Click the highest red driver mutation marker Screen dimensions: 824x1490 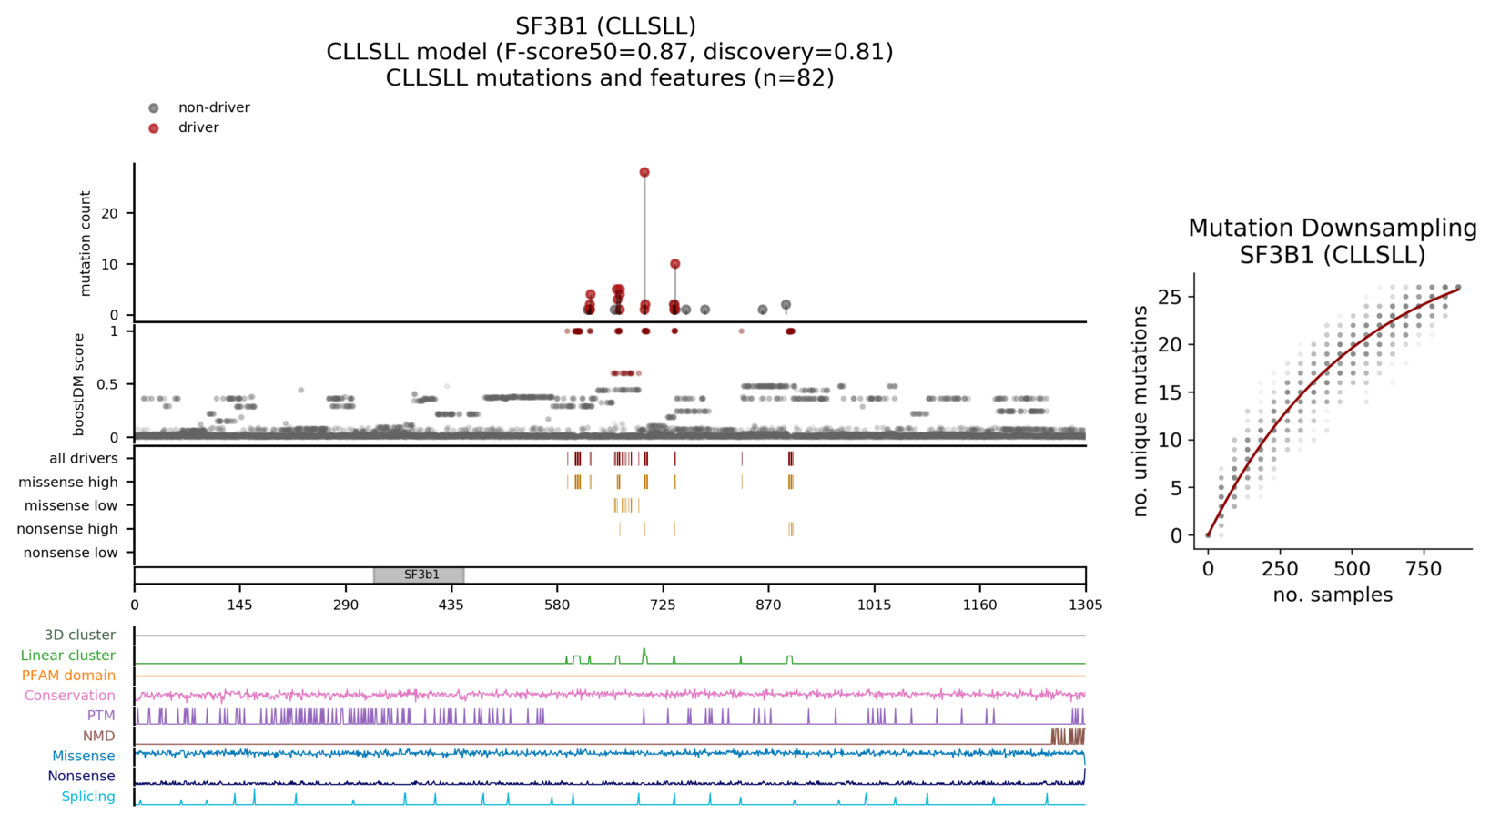(x=644, y=172)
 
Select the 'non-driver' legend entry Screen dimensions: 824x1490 (x=214, y=107)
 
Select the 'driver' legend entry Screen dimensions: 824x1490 (x=198, y=127)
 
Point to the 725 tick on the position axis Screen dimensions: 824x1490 (x=663, y=605)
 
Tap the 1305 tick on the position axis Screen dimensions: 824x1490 (x=1085, y=605)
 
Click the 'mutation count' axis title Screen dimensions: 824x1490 (x=86, y=243)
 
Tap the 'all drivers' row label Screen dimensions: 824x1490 (x=83, y=458)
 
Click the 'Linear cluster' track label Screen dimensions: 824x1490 (x=68, y=656)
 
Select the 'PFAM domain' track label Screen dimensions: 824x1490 (x=68, y=676)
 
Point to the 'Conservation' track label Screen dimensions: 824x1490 (x=70, y=696)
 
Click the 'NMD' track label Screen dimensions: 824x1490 (x=99, y=736)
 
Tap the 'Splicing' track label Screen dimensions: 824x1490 (x=88, y=797)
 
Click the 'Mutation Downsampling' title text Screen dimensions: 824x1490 (x=1332, y=229)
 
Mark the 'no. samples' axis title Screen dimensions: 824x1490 (x=1333, y=595)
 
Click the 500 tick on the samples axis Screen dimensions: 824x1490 (x=1352, y=569)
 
